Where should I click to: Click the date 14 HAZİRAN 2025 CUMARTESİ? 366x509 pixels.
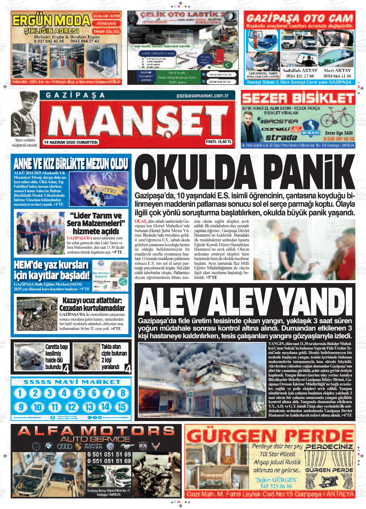pyautogui.click(x=71, y=142)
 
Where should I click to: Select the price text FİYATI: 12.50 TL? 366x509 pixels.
pyautogui.click(x=218, y=142)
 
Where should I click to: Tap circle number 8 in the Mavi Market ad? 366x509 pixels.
pyautogui.click(x=122, y=393)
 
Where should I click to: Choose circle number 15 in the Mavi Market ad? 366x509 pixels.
pyautogui.click(x=122, y=407)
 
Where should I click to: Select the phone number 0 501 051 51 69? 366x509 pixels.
pyautogui.click(x=109, y=454)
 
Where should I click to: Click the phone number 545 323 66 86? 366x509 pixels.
pyautogui.click(x=276, y=486)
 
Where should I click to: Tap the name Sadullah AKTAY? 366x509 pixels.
pyautogui.click(x=300, y=70)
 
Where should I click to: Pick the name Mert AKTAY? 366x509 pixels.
pyautogui.click(x=337, y=70)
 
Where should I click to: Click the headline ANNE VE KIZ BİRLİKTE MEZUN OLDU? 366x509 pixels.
pyautogui.click(x=71, y=164)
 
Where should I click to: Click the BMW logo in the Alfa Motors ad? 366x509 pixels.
pyautogui.click(x=48, y=446)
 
